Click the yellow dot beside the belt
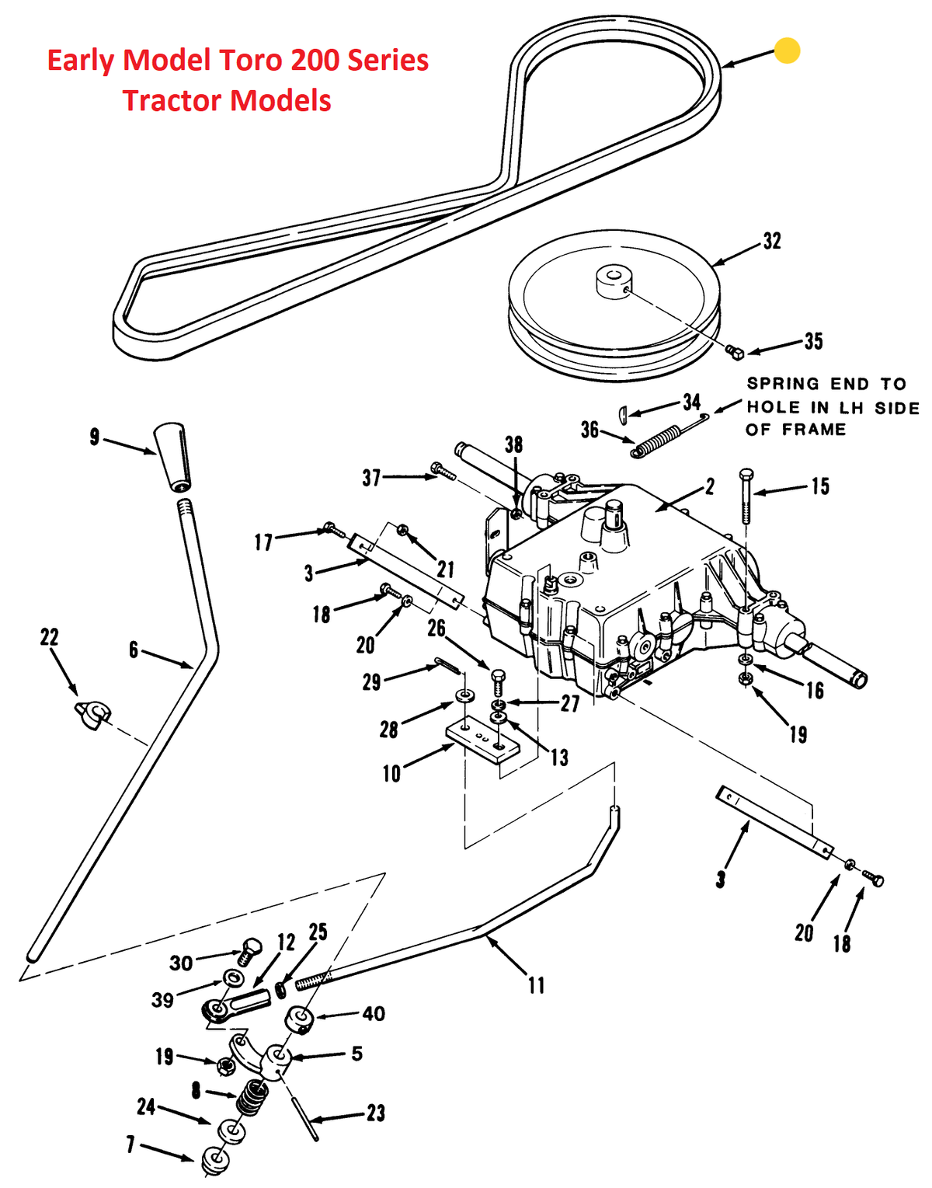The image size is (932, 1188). (x=787, y=51)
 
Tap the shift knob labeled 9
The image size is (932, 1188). (x=172, y=457)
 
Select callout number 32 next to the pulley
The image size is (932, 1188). (x=772, y=242)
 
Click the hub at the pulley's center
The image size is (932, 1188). (x=614, y=281)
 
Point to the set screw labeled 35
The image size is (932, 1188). (x=735, y=352)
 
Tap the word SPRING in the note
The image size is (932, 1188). (x=783, y=384)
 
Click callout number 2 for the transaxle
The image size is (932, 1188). (x=710, y=487)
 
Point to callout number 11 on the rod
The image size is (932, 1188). (x=536, y=986)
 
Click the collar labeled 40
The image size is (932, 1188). (x=301, y=1019)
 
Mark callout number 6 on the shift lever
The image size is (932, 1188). (x=134, y=650)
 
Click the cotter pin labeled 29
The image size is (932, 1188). (x=447, y=666)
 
